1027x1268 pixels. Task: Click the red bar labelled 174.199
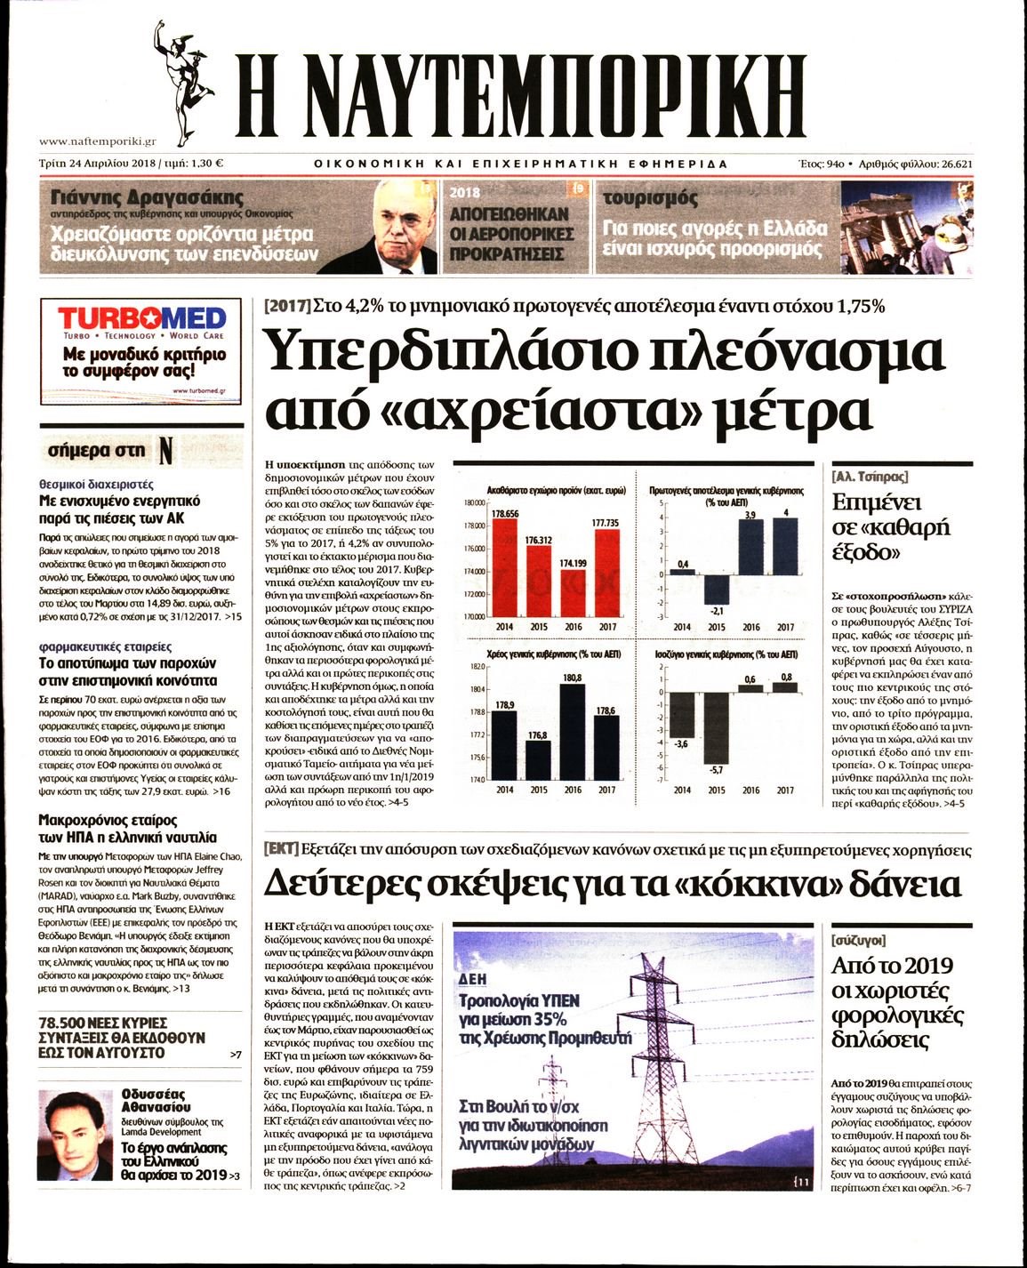tap(573, 592)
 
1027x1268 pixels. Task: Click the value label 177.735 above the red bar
tap(606, 523)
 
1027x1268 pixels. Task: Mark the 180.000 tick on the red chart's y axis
tap(474, 503)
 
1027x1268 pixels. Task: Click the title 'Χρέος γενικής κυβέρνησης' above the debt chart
tap(533, 654)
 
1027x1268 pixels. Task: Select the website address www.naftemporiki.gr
tap(99, 140)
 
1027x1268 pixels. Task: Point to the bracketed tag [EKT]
tap(281, 849)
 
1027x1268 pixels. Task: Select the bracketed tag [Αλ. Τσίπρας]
tap(870, 476)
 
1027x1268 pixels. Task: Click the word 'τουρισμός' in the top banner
tap(651, 197)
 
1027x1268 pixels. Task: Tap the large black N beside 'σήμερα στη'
tap(164, 451)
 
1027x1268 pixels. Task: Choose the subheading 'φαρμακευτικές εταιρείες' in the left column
tap(106, 646)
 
